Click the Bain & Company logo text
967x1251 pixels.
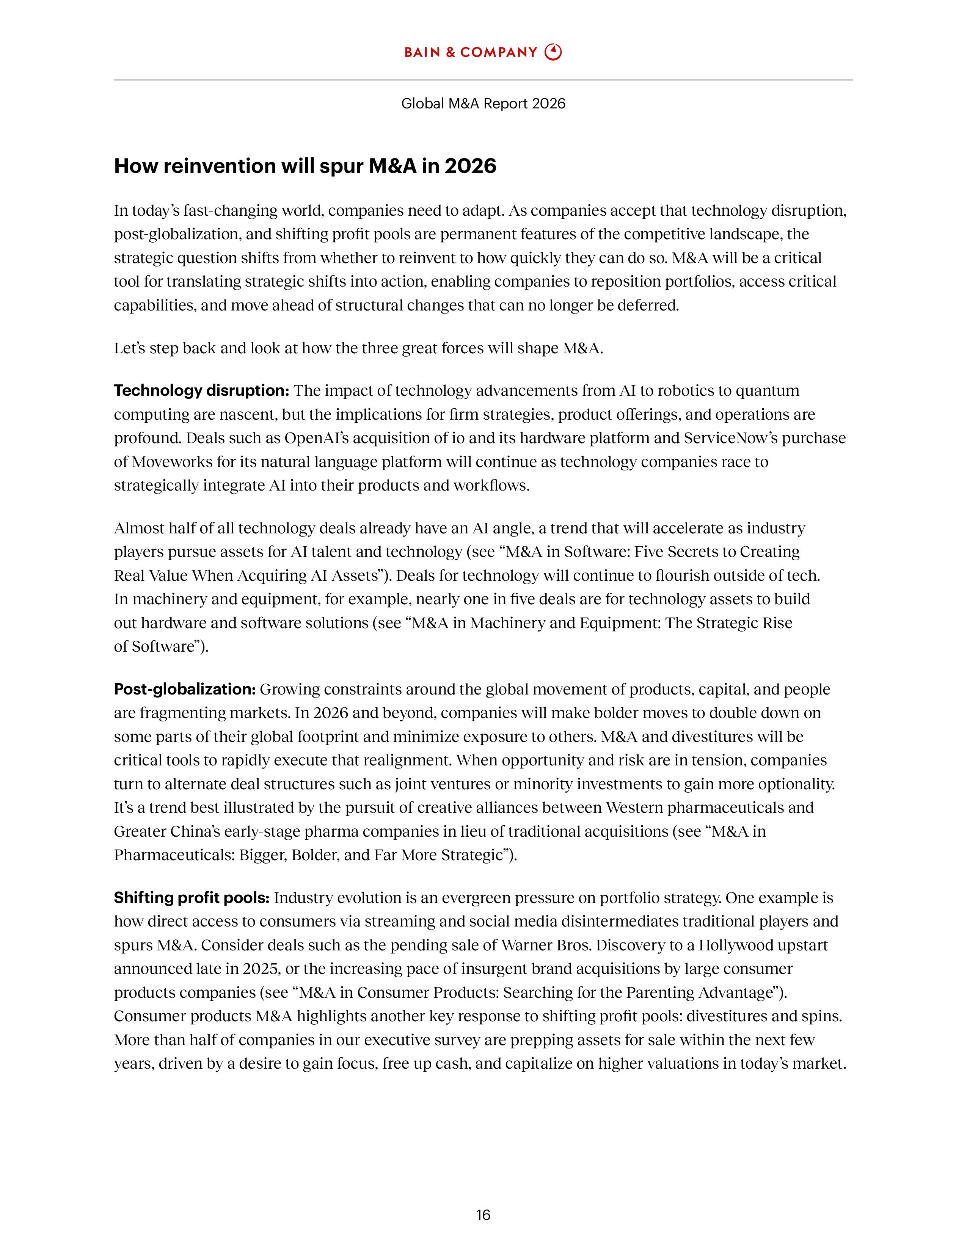pyautogui.click(x=470, y=53)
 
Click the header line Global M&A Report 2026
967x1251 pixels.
pyautogui.click(x=483, y=103)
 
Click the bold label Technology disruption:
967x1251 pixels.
pyautogui.click(x=202, y=390)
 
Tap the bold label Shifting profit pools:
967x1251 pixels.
pyautogui.click(x=192, y=898)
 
